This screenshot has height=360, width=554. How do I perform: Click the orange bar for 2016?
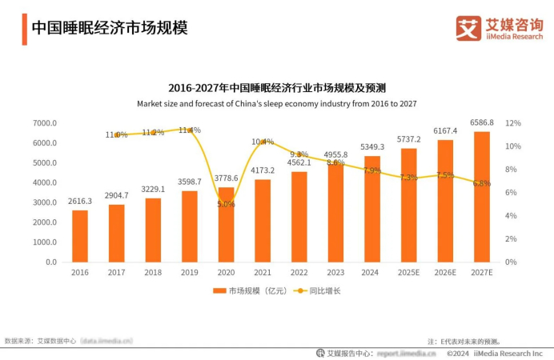80,236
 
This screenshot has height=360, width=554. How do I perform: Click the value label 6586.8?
482,123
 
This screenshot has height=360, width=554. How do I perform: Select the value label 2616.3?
80,202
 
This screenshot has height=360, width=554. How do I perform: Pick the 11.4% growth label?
190,130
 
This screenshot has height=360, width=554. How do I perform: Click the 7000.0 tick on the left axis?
45,123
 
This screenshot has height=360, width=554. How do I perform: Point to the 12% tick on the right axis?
513,123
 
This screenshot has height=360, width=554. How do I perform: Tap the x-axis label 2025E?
409,273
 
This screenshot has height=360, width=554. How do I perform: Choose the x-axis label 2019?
189,273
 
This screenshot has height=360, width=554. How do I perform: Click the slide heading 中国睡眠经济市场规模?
109,28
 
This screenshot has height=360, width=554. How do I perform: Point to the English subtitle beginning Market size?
276,104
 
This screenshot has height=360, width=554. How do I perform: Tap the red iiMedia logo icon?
468,28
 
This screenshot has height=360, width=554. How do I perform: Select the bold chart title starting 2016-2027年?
276,87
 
